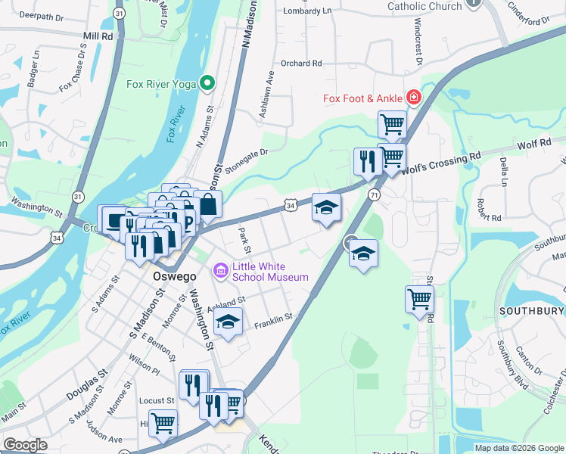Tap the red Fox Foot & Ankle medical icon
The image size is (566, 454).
click(413, 97)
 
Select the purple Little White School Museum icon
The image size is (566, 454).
click(221, 269)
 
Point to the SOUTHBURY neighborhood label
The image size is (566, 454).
click(530, 311)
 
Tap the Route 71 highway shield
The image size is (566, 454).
click(375, 195)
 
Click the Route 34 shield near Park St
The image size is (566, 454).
click(291, 205)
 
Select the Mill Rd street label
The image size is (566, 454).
click(98, 36)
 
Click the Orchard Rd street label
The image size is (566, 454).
click(301, 64)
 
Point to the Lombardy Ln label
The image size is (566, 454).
click(307, 11)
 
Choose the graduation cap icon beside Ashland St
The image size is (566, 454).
click(228, 321)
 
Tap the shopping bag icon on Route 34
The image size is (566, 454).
click(207, 204)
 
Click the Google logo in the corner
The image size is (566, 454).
click(25, 445)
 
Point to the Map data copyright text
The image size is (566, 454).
click(519, 448)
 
